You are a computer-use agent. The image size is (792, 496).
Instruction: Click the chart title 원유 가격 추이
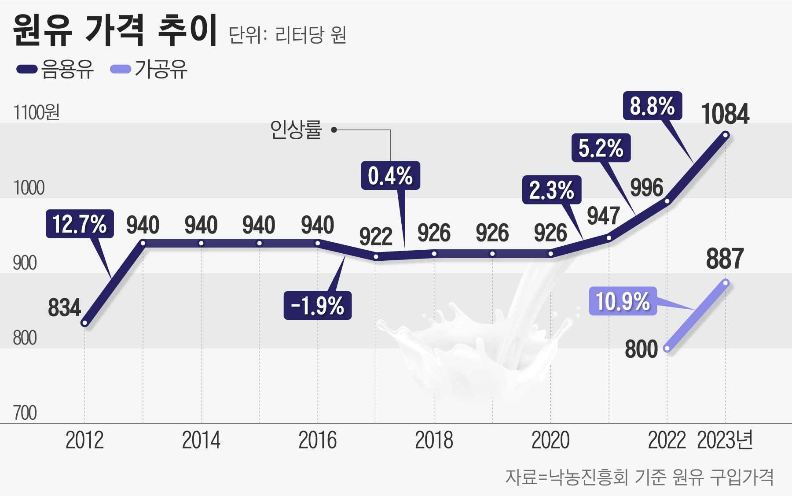pos(115,31)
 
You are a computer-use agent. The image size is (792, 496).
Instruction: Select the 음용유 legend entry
pos(55,70)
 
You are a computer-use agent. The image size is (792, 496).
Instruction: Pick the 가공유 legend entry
pos(150,70)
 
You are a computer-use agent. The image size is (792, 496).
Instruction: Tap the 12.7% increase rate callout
pos(80,224)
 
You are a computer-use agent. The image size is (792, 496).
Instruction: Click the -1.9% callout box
pos(317,305)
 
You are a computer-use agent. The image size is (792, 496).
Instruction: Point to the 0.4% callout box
pos(390,176)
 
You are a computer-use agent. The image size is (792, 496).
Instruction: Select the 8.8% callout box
pos(652,106)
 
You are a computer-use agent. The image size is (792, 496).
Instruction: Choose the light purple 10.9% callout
pos(623,301)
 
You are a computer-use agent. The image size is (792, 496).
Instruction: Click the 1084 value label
pos(725,114)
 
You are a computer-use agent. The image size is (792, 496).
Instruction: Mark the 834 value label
pos(65,307)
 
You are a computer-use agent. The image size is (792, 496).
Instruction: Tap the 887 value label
pos(725,259)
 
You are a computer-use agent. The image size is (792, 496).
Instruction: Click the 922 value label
pos(376,237)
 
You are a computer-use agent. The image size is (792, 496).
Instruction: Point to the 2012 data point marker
pos(84,323)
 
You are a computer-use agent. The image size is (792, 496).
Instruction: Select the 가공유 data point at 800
pos(667,348)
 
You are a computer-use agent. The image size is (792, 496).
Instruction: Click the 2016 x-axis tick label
pos(317,440)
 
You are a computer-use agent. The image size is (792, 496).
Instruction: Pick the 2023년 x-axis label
pos(725,440)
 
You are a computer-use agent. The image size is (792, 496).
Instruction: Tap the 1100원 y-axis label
pos(37,113)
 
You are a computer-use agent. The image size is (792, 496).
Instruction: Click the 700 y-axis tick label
pos(25,413)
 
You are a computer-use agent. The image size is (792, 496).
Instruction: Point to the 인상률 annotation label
pos(296,130)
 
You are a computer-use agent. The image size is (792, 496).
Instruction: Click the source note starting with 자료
pos(639,477)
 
